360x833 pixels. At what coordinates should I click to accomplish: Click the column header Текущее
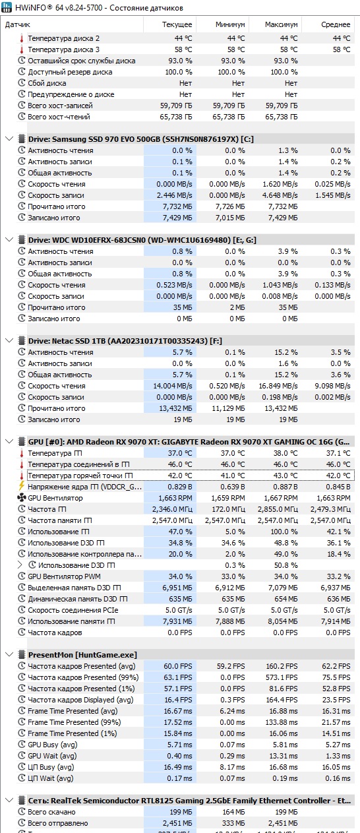click(x=177, y=24)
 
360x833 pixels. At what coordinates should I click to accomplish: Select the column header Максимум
click(x=281, y=24)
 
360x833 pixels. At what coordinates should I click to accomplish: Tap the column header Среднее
click(x=336, y=24)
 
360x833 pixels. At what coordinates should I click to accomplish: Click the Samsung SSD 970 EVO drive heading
click(x=141, y=139)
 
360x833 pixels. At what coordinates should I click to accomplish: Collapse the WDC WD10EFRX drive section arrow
click(x=9, y=240)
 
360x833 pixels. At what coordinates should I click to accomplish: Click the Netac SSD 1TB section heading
click(x=125, y=340)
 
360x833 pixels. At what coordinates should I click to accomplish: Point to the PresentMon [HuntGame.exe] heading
click(x=82, y=654)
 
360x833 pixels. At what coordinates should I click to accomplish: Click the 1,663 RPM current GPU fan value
click(x=175, y=498)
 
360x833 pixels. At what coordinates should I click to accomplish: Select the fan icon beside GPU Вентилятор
click(x=22, y=497)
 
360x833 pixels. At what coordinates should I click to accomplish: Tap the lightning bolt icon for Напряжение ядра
click(x=22, y=486)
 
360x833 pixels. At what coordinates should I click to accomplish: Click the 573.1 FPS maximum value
click(x=282, y=677)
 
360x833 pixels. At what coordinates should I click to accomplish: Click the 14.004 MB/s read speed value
click(x=173, y=386)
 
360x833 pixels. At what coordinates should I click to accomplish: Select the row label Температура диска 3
click(x=63, y=49)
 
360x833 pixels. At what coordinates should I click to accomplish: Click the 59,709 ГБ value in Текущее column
click(x=176, y=106)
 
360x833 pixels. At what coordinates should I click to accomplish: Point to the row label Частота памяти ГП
click(x=60, y=520)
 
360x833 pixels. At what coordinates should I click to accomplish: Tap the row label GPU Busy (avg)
click(x=53, y=745)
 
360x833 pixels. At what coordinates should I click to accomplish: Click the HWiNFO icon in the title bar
click(x=7, y=7)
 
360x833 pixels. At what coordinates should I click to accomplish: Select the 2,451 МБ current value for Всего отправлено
click(x=177, y=823)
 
